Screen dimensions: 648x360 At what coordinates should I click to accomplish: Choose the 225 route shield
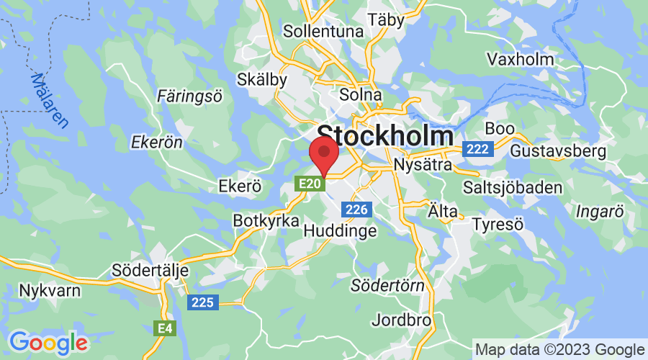point(203,302)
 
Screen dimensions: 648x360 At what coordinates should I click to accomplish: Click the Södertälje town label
point(150,271)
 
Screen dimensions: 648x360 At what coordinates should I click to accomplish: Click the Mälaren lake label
point(50,101)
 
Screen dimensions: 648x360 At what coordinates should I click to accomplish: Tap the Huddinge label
point(341,231)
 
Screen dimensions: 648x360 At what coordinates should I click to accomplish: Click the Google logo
point(48,342)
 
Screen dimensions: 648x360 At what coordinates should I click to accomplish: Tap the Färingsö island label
point(190,95)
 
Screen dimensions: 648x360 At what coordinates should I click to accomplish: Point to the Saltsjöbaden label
point(522,187)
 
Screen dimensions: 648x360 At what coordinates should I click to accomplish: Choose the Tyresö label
point(497,224)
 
